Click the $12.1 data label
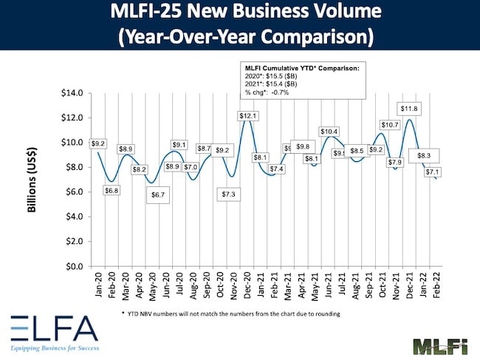pos(247,116)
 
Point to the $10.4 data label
pos(329,131)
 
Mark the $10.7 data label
pos(389,125)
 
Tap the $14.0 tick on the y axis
pos(72,93)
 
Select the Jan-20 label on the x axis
pos(98,285)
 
